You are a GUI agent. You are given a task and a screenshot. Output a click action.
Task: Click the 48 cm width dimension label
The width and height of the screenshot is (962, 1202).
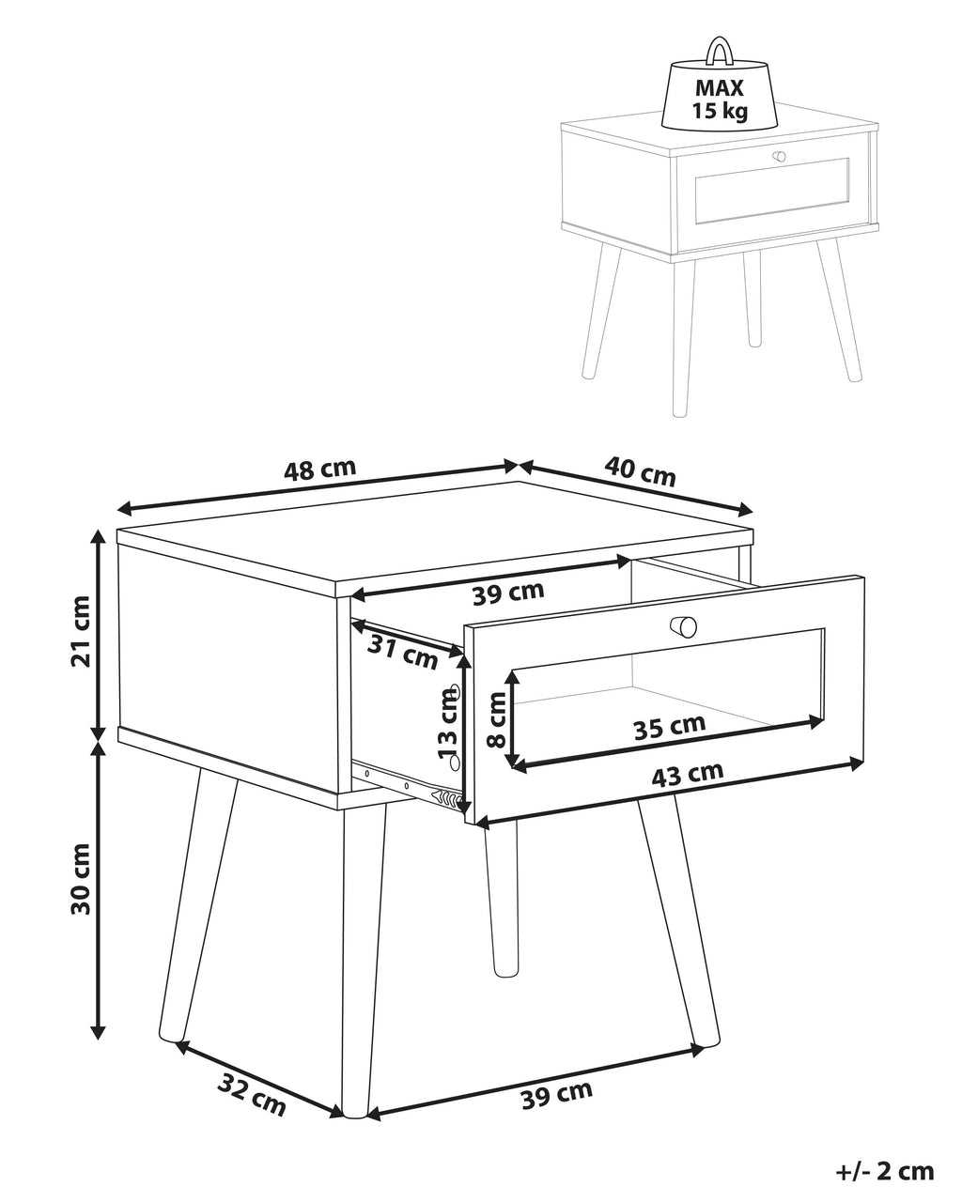click(319, 470)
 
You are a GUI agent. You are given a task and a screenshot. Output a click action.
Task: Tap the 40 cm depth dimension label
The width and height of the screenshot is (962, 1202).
click(640, 471)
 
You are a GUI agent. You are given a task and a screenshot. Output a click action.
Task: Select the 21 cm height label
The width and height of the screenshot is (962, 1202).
click(81, 631)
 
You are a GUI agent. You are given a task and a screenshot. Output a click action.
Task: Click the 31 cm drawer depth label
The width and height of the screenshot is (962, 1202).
click(402, 653)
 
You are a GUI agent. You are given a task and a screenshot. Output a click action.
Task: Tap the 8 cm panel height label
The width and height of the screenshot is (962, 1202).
click(496, 719)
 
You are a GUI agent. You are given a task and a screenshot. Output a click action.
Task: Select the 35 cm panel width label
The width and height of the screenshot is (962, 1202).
click(669, 726)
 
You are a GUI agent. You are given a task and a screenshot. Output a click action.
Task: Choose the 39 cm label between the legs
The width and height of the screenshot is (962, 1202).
click(557, 1095)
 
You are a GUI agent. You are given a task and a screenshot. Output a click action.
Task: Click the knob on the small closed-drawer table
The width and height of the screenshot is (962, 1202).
click(779, 157)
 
